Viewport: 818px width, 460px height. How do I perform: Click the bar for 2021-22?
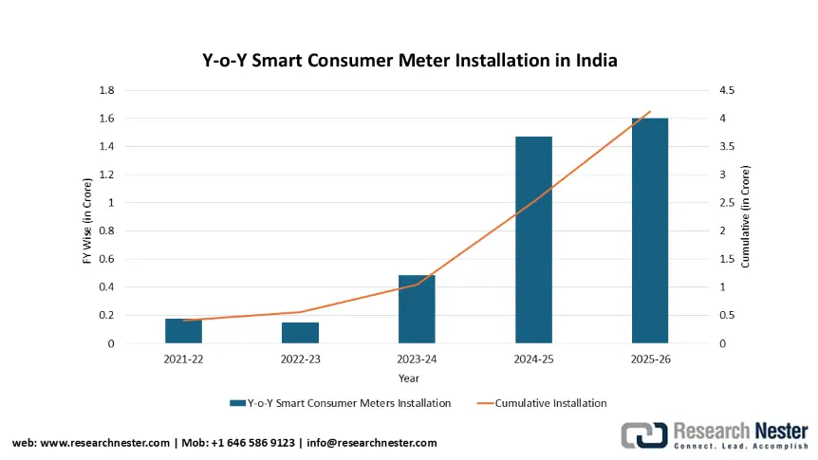[183, 331]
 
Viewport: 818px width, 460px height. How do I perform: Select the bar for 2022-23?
[300, 333]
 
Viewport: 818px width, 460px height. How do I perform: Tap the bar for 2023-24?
[417, 309]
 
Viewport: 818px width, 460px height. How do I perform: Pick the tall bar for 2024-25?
[533, 240]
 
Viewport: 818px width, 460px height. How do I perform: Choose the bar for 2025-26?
[650, 230]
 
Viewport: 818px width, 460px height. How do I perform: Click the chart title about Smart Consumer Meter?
[410, 61]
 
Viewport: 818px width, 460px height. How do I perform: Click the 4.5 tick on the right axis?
[728, 90]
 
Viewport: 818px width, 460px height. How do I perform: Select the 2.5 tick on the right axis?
[728, 202]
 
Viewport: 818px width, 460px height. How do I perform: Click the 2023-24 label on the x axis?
[417, 360]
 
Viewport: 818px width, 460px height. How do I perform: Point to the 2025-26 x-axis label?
[650, 360]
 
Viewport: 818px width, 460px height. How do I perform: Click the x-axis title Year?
[409, 378]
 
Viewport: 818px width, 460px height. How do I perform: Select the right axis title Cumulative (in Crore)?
[746, 217]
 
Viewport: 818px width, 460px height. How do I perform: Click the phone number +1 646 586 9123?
[256, 443]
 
